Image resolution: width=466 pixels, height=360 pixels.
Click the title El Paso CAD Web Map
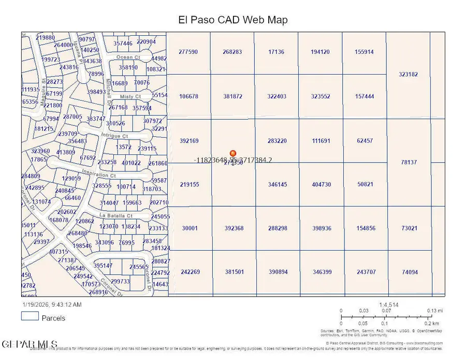[232, 20]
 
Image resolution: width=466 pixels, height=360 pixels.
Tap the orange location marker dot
[233, 153]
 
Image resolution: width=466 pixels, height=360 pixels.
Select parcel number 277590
[188, 52]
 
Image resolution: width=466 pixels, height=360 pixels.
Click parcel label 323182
[408, 74]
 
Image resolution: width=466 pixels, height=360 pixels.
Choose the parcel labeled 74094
[410, 272]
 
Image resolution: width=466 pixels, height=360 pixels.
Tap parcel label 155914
[365, 52]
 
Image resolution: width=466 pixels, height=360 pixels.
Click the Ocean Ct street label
[128, 57]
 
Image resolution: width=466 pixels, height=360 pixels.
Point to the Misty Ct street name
[130, 97]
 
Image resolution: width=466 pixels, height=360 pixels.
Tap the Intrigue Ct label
[114, 136]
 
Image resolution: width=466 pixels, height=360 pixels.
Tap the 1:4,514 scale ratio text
[388, 305]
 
